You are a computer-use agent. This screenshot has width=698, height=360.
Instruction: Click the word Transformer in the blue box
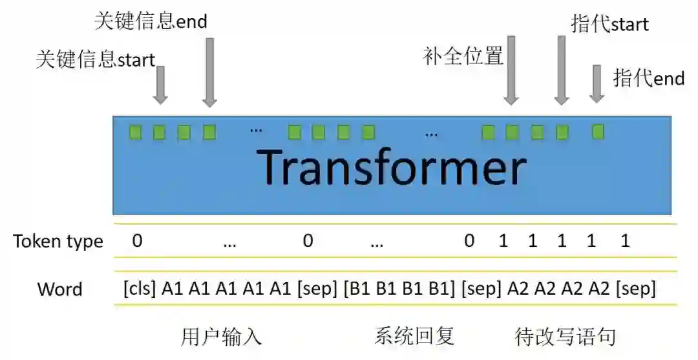392,168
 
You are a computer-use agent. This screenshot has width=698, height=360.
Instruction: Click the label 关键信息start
96,60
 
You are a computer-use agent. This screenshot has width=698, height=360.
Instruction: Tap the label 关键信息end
151,21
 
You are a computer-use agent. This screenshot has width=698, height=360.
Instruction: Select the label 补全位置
463,56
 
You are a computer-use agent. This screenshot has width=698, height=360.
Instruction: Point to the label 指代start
610,24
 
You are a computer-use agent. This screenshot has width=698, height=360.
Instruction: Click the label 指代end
648,78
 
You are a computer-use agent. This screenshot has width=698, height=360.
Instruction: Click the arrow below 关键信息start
160,85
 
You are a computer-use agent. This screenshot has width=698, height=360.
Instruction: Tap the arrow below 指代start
562,70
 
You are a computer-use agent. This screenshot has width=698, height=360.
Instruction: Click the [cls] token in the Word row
140,289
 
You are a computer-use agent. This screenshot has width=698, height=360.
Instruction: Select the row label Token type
58,242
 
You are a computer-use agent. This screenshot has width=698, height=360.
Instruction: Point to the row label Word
60,289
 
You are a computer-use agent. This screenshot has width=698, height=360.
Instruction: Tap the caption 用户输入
221,337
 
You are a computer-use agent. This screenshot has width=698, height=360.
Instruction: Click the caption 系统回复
414,336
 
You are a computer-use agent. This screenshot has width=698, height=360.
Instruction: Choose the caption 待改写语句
565,337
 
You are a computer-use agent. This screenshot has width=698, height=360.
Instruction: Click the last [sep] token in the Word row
636,289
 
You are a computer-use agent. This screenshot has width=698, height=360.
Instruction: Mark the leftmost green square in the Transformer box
135,132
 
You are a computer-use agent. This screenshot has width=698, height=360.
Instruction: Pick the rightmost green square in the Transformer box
598,132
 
